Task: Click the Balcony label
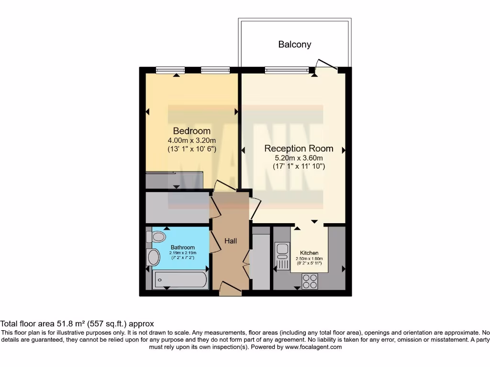pyautogui.click(x=295, y=44)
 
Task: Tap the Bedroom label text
pyautogui.click(x=191, y=131)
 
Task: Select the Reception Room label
pyautogui.click(x=299, y=148)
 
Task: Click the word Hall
pyautogui.click(x=231, y=241)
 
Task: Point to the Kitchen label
pyautogui.click(x=309, y=253)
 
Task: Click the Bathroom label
pyautogui.click(x=183, y=247)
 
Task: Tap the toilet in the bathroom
pyautogui.click(x=156, y=237)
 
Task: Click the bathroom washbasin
pyautogui.click(x=154, y=257)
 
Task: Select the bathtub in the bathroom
pyautogui.click(x=180, y=280)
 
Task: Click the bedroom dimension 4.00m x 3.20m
pyautogui.click(x=191, y=140)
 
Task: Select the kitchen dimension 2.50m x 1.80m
pyautogui.click(x=309, y=259)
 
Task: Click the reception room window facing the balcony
pyautogui.click(x=287, y=70)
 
